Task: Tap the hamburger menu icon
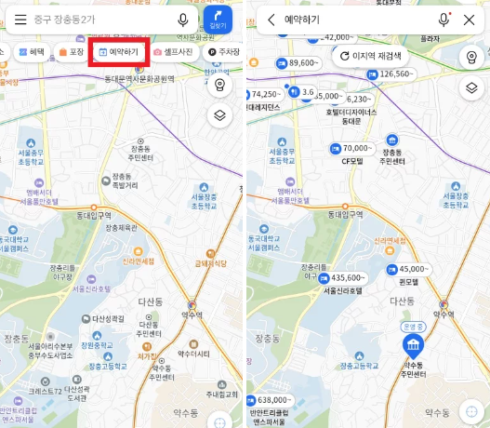20,20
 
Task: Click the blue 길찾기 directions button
218,20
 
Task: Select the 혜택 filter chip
33,52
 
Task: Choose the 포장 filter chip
72,52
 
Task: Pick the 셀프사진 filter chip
173,52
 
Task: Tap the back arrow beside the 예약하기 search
271,20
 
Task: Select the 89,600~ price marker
298,63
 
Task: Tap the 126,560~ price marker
390,74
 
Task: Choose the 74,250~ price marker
266,94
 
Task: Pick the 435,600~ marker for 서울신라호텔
342,277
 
